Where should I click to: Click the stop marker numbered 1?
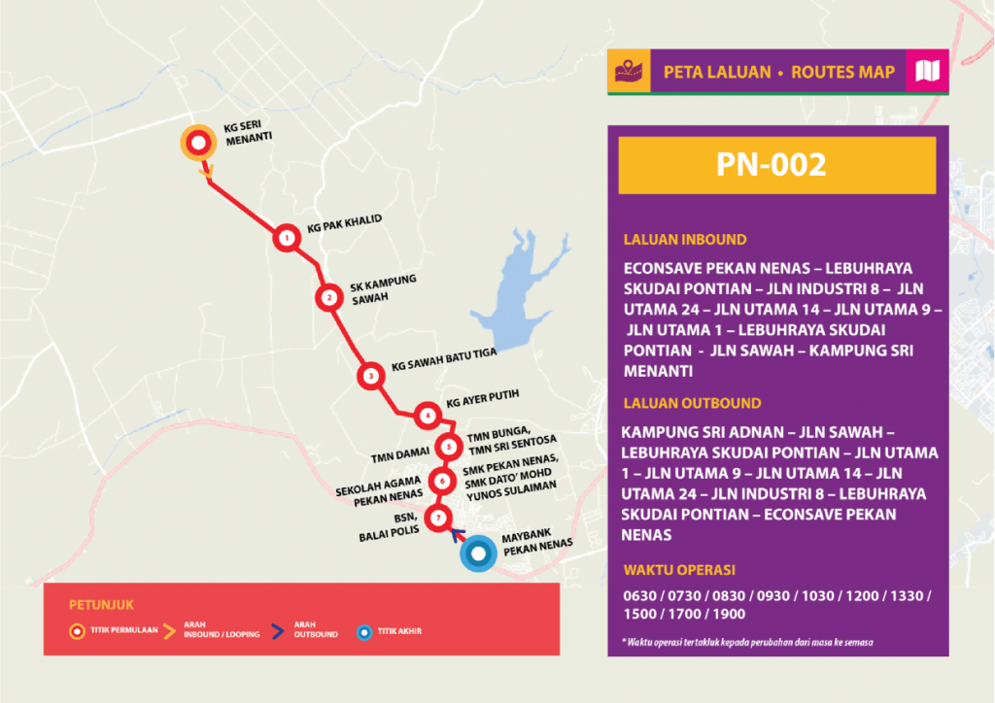click(x=286, y=238)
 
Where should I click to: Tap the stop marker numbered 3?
click(x=370, y=376)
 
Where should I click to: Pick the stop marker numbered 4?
click(x=427, y=417)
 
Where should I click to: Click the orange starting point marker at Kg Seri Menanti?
click(x=198, y=145)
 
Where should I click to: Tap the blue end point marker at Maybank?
click(x=478, y=554)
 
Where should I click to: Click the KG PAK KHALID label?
click(x=344, y=225)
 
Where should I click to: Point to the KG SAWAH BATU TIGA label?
click(x=444, y=360)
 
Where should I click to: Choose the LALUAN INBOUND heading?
click(x=685, y=240)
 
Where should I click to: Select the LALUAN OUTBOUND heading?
click(x=691, y=403)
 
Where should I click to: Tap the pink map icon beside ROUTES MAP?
click(x=926, y=71)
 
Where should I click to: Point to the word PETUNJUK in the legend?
click(x=93, y=602)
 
